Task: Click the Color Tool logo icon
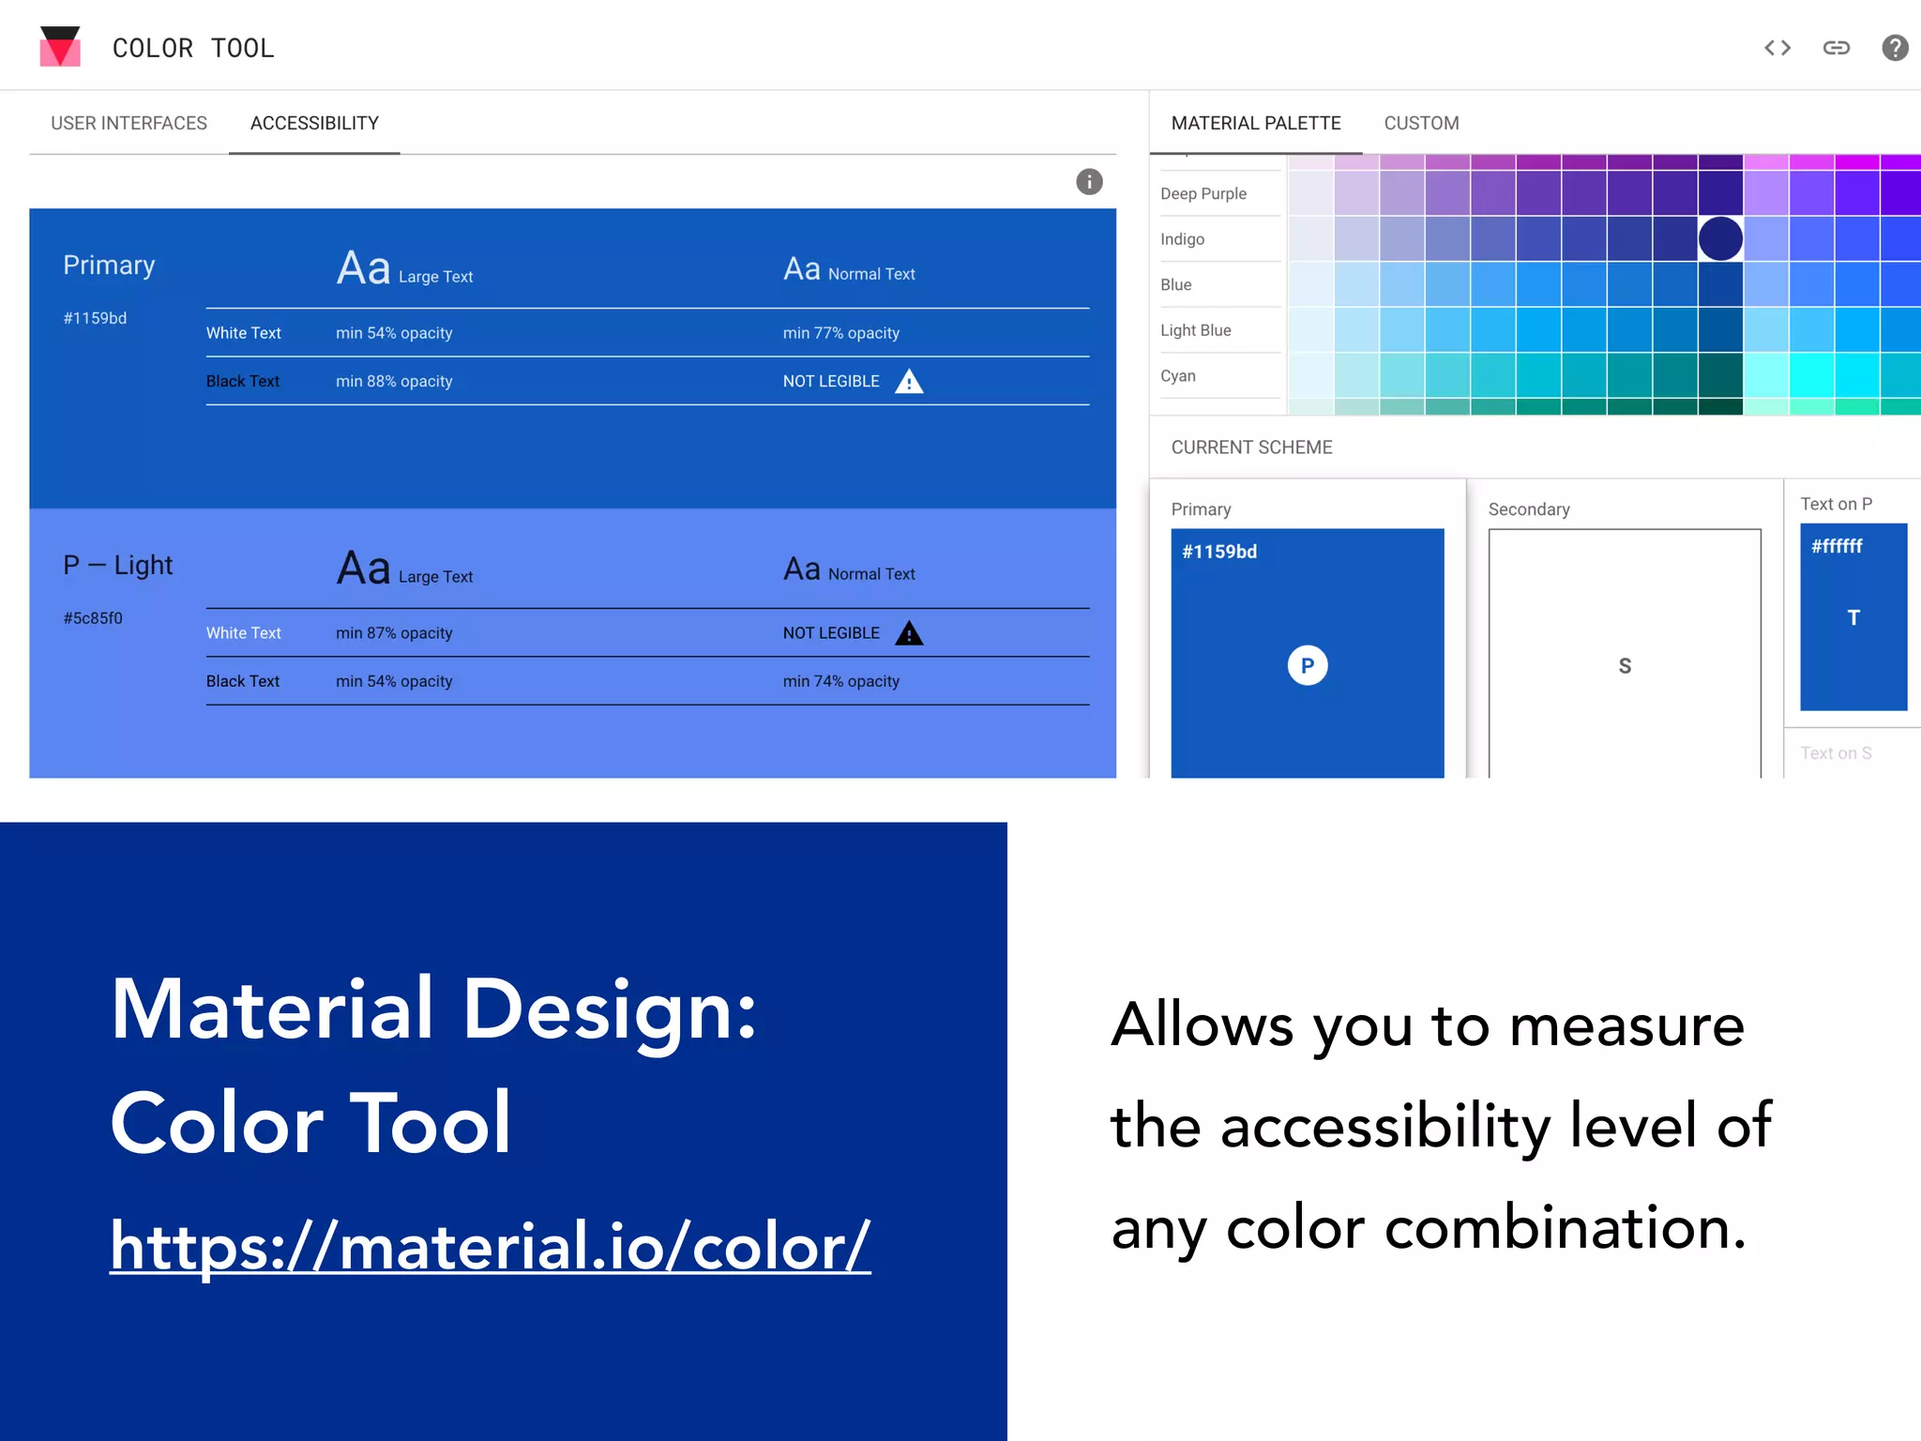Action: click(x=60, y=47)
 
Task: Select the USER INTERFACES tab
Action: click(x=129, y=123)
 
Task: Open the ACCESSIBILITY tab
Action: click(x=314, y=123)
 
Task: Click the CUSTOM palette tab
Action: click(x=1421, y=123)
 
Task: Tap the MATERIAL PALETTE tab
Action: click(x=1255, y=123)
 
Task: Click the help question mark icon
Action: click(x=1895, y=48)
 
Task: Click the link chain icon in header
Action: click(x=1836, y=48)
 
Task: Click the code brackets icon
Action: click(x=1777, y=48)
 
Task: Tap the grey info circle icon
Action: click(x=1089, y=182)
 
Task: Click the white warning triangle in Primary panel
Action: click(x=909, y=382)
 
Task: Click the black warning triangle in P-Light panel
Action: click(x=909, y=634)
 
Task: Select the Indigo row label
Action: click(x=1182, y=239)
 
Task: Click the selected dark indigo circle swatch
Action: click(x=1720, y=238)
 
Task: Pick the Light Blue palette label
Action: click(x=1195, y=330)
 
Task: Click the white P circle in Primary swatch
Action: click(x=1307, y=666)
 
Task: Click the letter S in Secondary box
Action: click(x=1625, y=666)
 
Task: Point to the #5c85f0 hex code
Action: click(x=93, y=618)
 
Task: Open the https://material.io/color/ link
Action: click(x=490, y=1247)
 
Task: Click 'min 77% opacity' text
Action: click(x=840, y=333)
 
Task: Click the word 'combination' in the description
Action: click(x=1565, y=1229)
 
